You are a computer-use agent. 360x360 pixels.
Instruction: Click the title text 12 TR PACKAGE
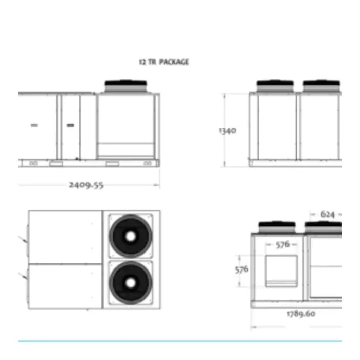164,62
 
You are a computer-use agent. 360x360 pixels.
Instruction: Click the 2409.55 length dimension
86,185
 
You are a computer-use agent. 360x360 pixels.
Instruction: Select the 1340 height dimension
227,131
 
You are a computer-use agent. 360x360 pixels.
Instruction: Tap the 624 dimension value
328,214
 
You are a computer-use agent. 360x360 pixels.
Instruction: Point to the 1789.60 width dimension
301,313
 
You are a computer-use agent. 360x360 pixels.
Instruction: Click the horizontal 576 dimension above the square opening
282,245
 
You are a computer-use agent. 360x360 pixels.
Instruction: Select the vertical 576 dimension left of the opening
242,269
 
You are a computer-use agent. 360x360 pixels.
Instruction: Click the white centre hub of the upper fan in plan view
131,236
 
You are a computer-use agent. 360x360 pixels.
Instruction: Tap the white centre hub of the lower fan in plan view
131,283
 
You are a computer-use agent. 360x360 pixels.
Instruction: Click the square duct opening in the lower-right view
281,271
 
